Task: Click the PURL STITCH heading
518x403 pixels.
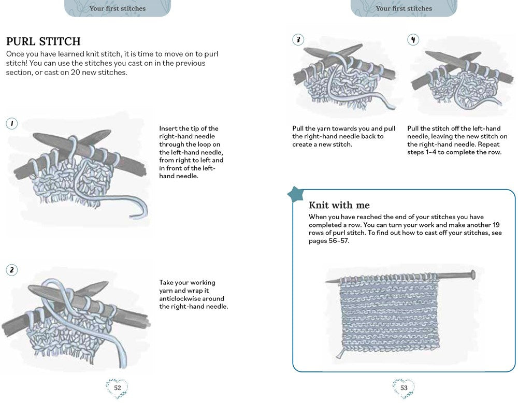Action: coord(43,41)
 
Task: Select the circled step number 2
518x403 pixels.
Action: coord(12,269)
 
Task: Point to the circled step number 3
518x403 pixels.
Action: coord(298,40)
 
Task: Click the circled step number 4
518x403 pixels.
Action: coord(413,40)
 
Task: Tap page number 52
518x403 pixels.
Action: coord(117,387)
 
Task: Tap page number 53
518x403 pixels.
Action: coord(404,387)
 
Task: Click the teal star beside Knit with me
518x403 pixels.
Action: coord(296,195)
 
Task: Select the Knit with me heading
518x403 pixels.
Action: coord(339,205)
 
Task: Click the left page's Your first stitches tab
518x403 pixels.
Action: coord(118,8)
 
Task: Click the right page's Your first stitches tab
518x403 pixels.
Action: coord(404,8)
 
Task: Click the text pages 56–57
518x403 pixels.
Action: coord(329,241)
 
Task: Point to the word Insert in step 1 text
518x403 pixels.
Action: coord(168,128)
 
